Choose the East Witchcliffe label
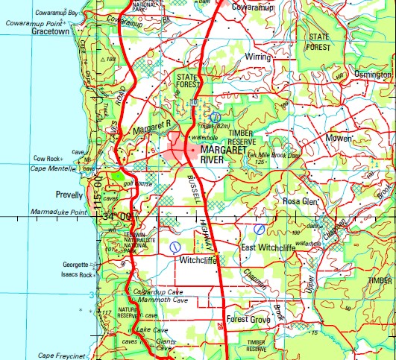(x=268, y=247)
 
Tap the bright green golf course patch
(x=119, y=177)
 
